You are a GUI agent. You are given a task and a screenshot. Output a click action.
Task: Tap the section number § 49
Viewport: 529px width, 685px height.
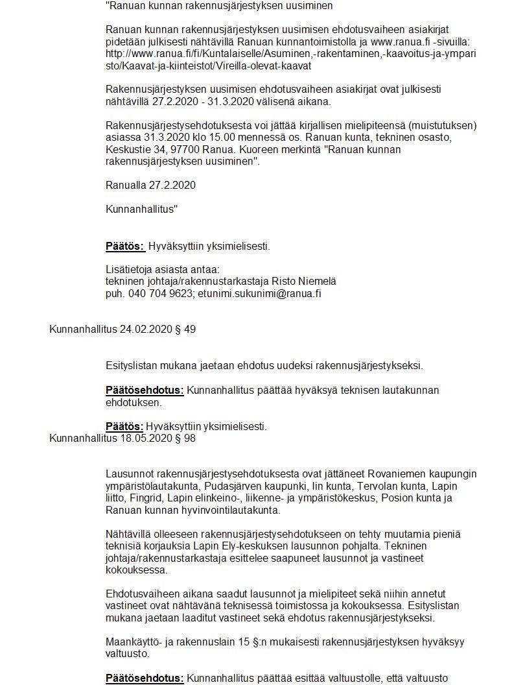click(186, 330)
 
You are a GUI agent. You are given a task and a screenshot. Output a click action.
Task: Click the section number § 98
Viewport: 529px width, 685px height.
click(186, 438)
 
